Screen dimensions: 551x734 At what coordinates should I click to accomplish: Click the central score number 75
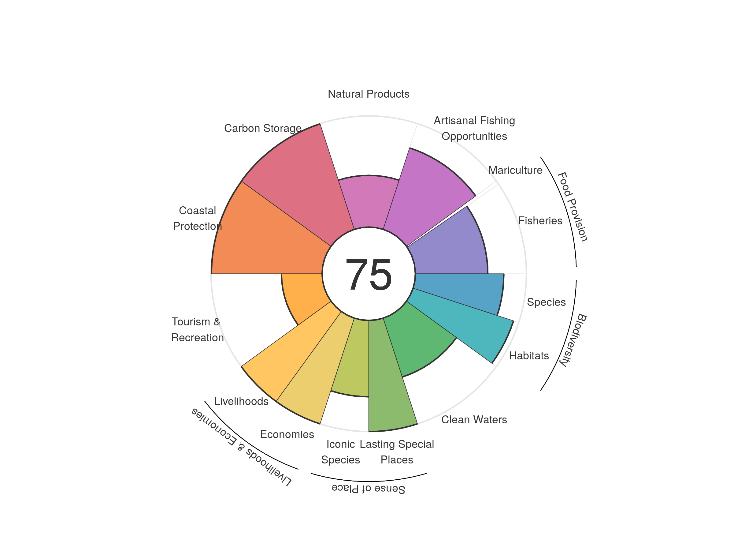(368, 274)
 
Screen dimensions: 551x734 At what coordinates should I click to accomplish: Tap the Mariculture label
(515, 170)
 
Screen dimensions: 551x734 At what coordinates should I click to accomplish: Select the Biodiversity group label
(573, 340)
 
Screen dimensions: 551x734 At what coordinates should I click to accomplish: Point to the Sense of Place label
(368, 489)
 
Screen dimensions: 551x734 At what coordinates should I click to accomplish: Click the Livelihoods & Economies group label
(241, 447)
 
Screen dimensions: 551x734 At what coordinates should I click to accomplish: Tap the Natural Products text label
(368, 94)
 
